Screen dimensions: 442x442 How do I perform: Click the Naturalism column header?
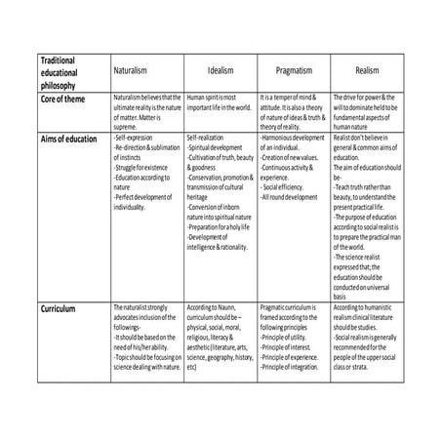click(x=147, y=72)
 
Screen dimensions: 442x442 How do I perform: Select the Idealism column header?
click(x=220, y=72)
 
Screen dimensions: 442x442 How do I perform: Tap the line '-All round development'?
click(x=290, y=197)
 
